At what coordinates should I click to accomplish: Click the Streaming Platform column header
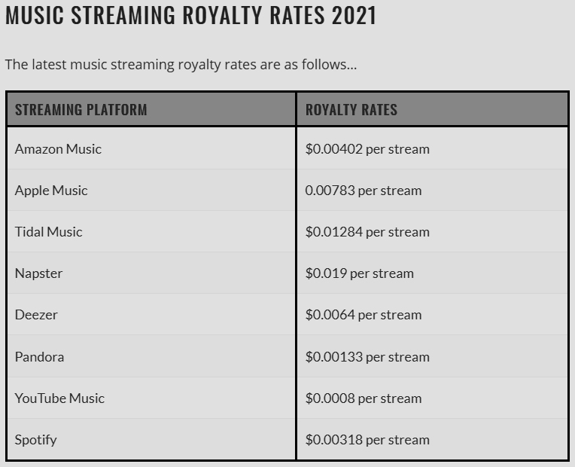(81, 110)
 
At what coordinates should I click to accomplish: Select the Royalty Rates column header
(351, 110)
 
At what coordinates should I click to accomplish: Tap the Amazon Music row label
(58, 149)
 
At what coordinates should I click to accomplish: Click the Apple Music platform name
(51, 191)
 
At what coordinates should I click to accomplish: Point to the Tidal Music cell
(48, 232)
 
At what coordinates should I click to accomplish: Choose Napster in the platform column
(38, 273)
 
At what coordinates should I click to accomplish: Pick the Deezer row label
(36, 315)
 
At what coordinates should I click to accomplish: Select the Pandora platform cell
(39, 357)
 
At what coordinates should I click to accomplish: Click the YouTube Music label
(59, 398)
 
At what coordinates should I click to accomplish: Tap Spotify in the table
(35, 440)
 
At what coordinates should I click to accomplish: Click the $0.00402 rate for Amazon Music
(334, 149)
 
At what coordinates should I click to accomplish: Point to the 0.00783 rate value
(330, 191)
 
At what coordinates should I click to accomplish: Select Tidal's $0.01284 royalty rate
(334, 232)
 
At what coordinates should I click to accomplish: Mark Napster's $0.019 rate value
(326, 273)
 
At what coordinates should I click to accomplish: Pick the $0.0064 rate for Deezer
(330, 315)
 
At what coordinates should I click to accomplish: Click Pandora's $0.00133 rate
(334, 357)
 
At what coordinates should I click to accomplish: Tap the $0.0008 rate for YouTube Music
(330, 398)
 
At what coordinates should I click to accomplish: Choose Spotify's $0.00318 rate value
(334, 440)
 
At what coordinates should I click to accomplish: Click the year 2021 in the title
(354, 15)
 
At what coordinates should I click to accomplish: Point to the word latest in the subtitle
(49, 65)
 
